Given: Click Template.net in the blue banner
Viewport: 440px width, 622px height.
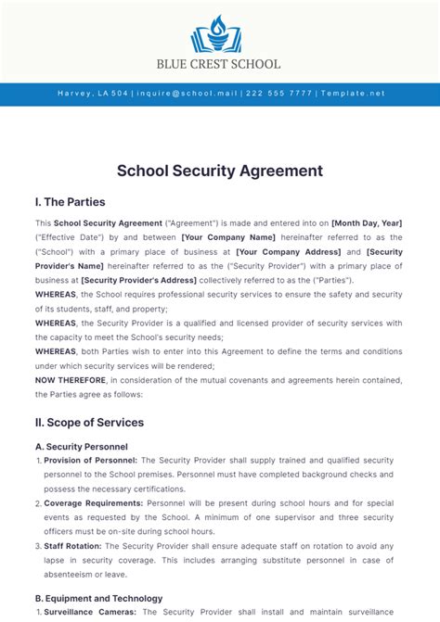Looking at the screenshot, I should point(351,94).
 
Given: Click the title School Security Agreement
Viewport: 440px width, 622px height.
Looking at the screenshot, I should point(220,171).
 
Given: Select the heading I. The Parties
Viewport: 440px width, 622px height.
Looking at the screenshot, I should point(71,202).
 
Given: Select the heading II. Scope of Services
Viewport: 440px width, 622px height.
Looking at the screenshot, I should point(89,423).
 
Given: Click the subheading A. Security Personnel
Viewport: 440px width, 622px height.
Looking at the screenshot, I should point(81,446).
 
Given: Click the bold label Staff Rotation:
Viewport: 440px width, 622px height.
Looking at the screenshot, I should point(74,546).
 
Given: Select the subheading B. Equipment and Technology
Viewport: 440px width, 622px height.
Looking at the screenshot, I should point(98,598).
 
